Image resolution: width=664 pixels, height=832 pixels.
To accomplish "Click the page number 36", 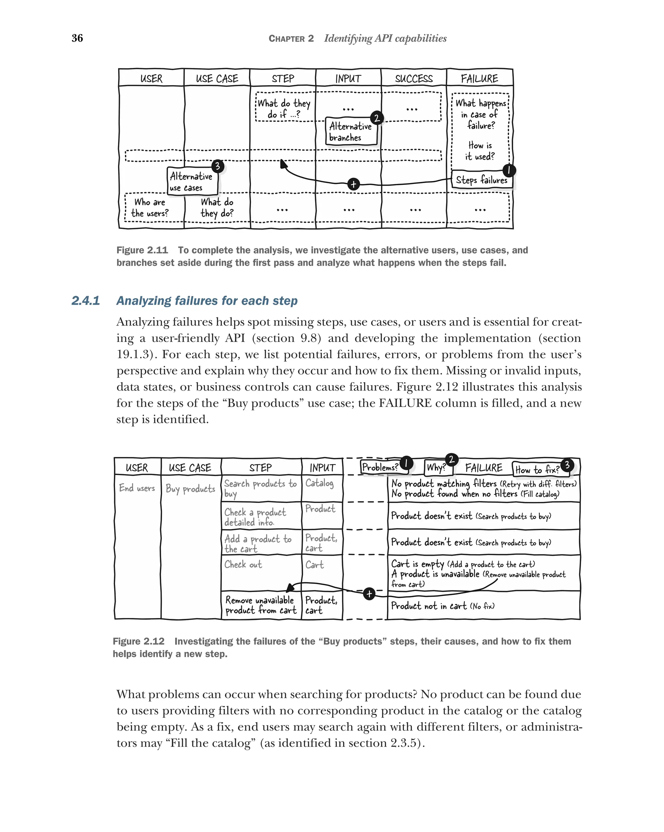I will click(x=77, y=38).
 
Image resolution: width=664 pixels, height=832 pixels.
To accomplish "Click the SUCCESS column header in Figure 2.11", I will click(x=413, y=79).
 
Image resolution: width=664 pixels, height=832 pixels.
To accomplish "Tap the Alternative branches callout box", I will click(x=350, y=131).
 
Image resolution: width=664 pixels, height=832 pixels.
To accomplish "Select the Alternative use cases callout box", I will click(x=192, y=182).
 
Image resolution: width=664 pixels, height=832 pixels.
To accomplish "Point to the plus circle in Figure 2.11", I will click(x=353, y=185).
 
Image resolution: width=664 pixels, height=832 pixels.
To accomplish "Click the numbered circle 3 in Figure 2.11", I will click(x=218, y=166).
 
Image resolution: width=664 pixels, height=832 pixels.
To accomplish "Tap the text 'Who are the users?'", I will click(x=150, y=208).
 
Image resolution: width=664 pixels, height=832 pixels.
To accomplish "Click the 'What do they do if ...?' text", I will click(x=284, y=108).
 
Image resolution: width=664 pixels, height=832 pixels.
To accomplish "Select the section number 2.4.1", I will click(x=86, y=301).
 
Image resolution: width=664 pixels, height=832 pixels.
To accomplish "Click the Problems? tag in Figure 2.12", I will click(x=380, y=467).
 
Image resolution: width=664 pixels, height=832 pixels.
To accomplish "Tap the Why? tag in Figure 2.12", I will click(x=436, y=468).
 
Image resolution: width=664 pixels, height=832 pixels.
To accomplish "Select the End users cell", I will click(x=137, y=488).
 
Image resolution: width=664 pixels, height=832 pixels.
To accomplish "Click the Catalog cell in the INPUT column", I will click(x=319, y=483).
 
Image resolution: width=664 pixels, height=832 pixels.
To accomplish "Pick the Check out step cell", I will click(x=243, y=564).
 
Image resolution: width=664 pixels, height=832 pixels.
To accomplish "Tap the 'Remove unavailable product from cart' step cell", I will click(x=261, y=605).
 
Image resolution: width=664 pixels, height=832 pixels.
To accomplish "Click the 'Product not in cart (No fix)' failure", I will click(x=443, y=606).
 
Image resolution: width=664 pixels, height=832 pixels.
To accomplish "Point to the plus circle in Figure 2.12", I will click(x=369, y=594).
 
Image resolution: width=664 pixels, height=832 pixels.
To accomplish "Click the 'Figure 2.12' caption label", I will click(x=138, y=641).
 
